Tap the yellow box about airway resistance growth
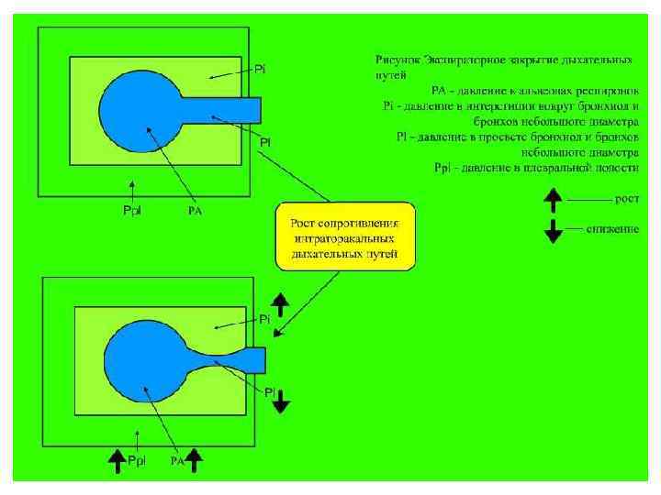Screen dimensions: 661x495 point(346,237)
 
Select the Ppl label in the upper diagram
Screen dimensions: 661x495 point(133,212)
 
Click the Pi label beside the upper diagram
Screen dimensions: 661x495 point(261,71)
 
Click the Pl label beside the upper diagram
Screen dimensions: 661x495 point(264,142)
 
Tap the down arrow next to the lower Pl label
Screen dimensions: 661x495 point(283,401)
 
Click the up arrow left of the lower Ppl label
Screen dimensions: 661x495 point(117,460)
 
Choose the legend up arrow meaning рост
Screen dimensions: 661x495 point(553,199)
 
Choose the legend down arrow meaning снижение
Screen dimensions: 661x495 point(553,230)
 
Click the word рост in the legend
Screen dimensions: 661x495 point(626,198)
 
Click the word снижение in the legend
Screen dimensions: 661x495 point(612,228)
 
